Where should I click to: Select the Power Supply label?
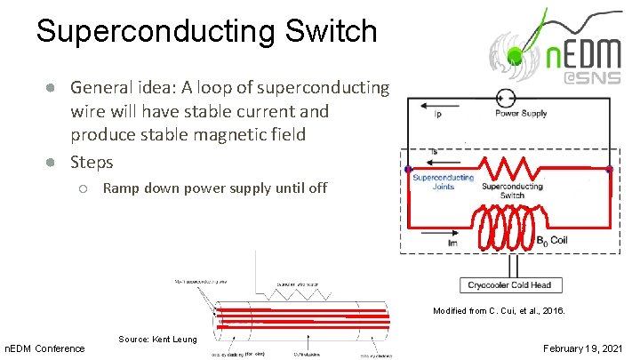click(521, 114)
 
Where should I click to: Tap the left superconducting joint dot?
click(408, 169)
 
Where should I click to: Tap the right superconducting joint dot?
click(609, 169)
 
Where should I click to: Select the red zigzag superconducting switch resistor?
click(508, 168)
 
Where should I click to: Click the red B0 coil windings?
click(508, 226)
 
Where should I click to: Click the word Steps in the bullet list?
click(92, 163)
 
